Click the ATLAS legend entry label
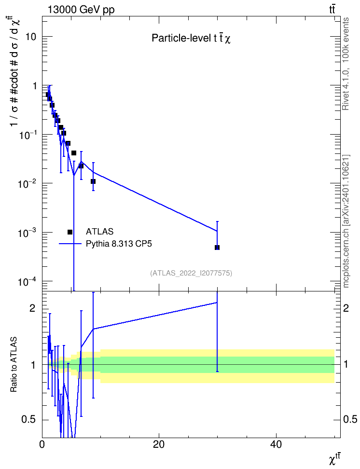point(99,232)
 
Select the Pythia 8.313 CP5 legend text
point(119,244)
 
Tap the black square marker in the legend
point(70,232)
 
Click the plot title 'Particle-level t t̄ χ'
point(191,38)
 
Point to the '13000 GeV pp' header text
point(81,10)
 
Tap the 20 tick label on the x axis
point(159,444)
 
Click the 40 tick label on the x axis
point(276,444)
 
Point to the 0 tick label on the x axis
point(42,444)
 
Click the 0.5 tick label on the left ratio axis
point(29,419)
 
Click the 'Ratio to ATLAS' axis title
point(14,364)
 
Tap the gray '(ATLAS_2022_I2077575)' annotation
point(191,273)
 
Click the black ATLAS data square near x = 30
point(217,248)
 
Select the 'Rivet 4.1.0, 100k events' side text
point(346,64)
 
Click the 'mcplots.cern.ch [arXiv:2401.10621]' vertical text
point(346,221)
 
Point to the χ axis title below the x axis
point(334,460)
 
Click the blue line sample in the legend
point(70,244)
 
